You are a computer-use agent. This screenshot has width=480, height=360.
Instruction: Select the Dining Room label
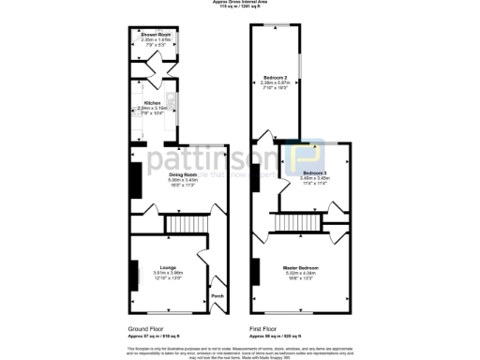[157, 174]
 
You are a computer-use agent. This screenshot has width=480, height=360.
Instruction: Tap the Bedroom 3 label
[314, 173]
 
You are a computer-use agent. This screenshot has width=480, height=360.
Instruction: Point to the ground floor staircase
[177, 224]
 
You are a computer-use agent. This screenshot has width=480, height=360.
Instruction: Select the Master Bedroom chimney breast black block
[254, 272]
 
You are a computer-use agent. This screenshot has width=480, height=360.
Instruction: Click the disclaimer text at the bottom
[241, 350]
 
